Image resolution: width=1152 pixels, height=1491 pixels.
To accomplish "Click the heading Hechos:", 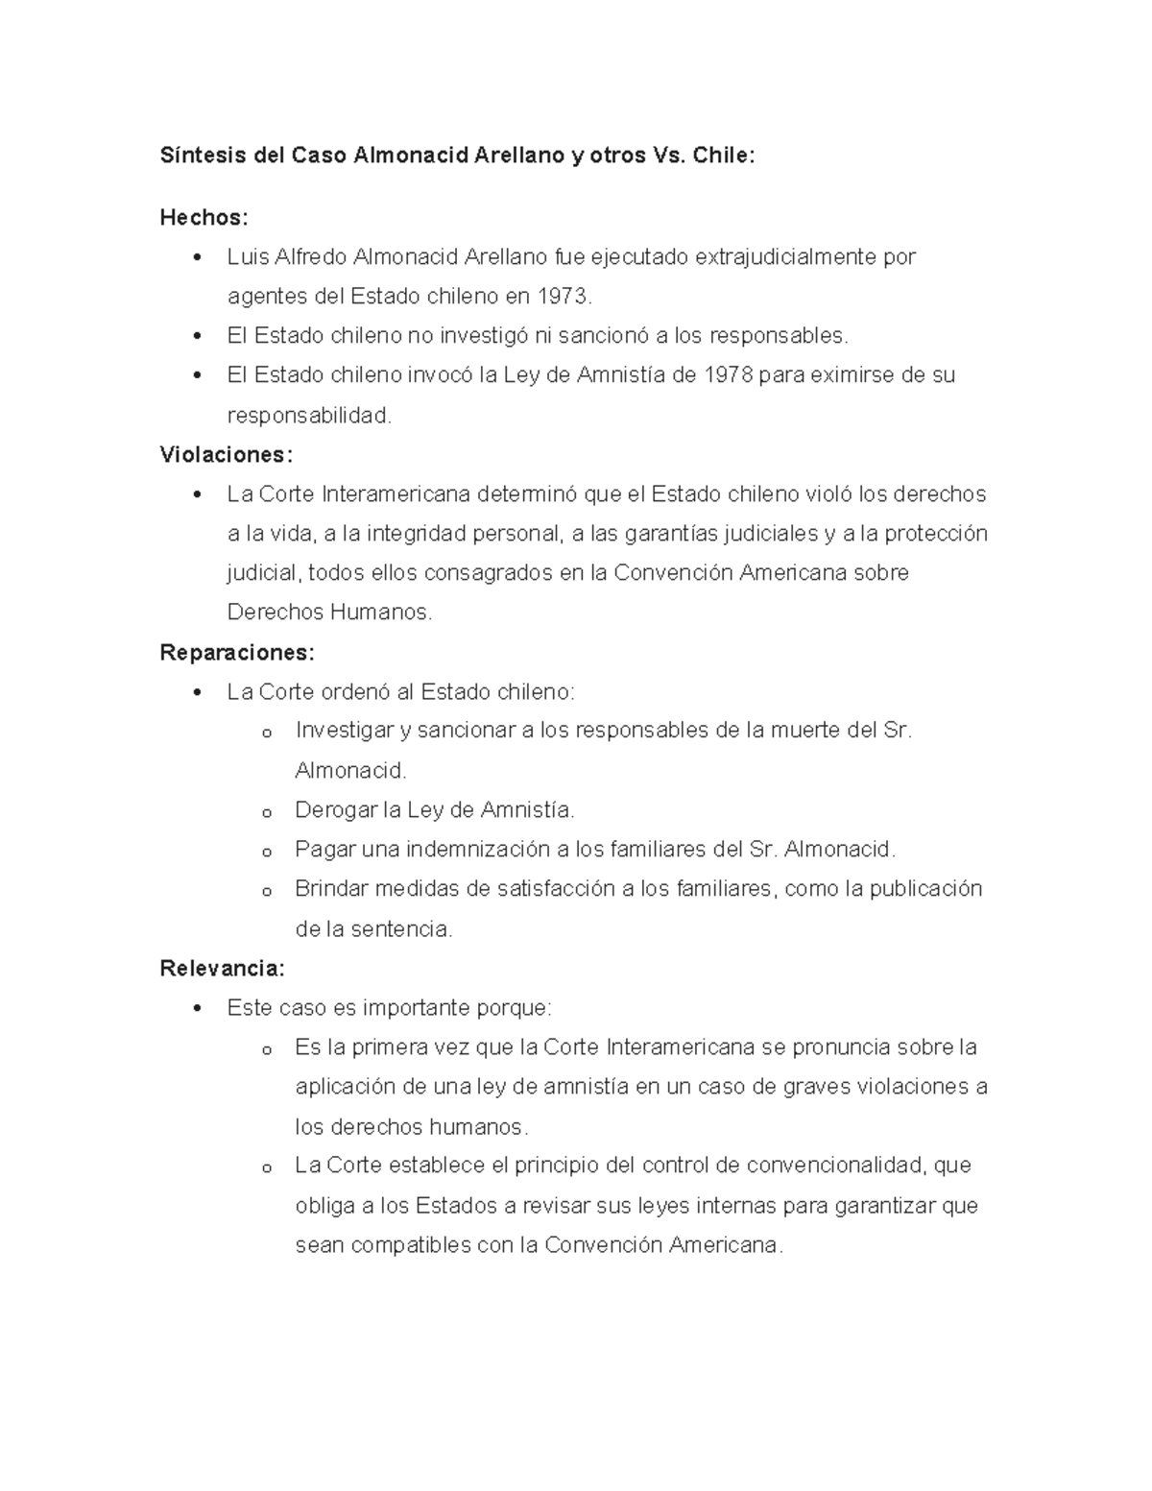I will pyautogui.click(x=204, y=218).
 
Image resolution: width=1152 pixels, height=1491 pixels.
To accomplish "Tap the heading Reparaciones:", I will pyautogui.click(x=236, y=653).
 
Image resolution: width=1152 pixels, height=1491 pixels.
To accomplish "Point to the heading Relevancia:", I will pyautogui.click(x=222, y=968).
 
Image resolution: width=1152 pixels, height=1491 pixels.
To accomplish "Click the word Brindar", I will pyautogui.click(x=331, y=889).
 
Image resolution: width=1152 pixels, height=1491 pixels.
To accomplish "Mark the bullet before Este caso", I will pyautogui.click(x=198, y=1008).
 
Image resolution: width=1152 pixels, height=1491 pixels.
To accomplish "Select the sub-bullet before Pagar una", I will pyautogui.click(x=267, y=852).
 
